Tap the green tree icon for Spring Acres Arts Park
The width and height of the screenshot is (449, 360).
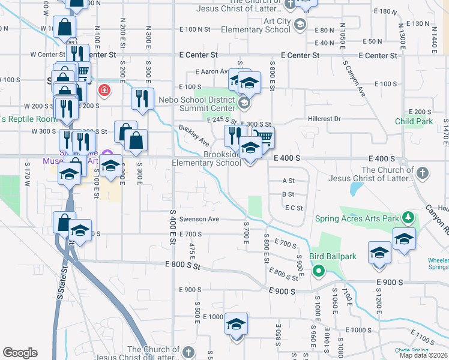tap(408, 217)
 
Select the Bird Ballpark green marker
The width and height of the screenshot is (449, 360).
tap(319, 271)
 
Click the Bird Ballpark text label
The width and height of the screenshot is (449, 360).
tap(333, 257)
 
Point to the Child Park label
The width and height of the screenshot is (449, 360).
tap(414, 121)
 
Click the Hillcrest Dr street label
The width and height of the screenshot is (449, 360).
tap(324, 119)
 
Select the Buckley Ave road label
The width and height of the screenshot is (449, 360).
tap(193, 136)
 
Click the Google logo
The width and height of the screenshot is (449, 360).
tap(20, 353)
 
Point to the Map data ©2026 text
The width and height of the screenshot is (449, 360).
tap(423, 355)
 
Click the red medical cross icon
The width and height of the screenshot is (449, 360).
tap(105, 90)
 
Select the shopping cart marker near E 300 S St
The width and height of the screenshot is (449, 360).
tap(262, 137)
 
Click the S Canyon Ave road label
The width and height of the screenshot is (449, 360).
tap(354, 77)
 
